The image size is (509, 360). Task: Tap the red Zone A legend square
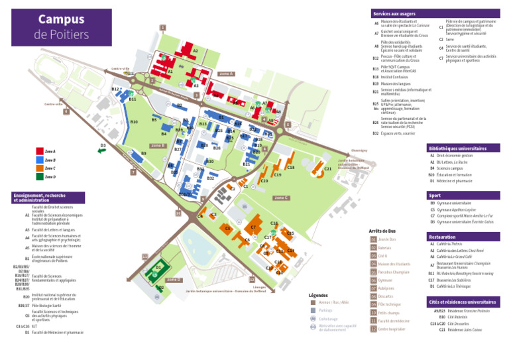tap(39, 152)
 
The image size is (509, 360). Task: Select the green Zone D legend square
tap(39, 177)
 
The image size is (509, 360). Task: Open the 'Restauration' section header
tap(443, 236)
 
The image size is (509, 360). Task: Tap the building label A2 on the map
tap(195, 51)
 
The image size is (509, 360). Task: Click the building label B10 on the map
tap(134, 122)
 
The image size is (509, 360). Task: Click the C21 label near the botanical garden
tap(327, 170)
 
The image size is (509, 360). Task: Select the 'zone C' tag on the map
tap(281, 198)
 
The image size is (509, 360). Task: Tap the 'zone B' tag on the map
tap(157, 146)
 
